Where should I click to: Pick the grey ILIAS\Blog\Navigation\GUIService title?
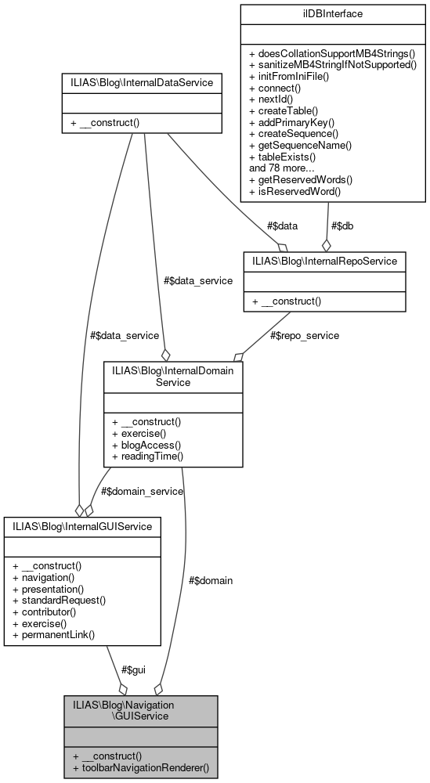(141, 711)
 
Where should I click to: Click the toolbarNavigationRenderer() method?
(141, 768)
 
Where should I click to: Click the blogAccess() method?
(147, 445)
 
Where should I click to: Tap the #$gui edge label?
(134, 670)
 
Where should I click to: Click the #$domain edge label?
(211, 580)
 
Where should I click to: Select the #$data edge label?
(282, 226)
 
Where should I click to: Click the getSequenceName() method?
(300, 146)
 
